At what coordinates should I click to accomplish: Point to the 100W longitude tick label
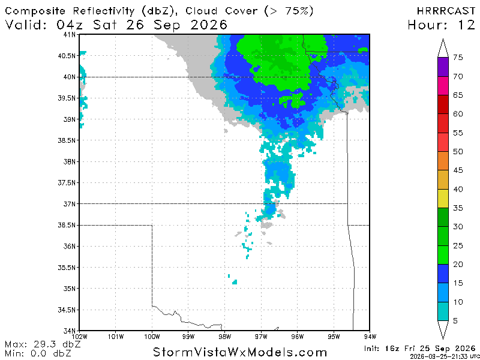click(x=152, y=337)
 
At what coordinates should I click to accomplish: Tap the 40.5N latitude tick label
click(x=67, y=56)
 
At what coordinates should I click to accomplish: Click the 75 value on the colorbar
click(x=458, y=58)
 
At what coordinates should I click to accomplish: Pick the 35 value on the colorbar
click(x=458, y=208)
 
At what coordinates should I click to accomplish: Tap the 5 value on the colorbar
click(x=456, y=321)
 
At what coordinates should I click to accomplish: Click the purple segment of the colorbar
click(x=443, y=67)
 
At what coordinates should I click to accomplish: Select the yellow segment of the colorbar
click(x=443, y=199)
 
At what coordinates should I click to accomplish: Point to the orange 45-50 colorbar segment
click(x=443, y=161)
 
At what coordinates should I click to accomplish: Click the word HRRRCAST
click(x=446, y=11)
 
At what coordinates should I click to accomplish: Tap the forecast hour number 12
click(x=467, y=25)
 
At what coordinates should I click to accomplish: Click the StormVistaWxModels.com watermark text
click(x=239, y=352)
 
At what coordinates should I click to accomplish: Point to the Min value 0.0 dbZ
click(x=51, y=353)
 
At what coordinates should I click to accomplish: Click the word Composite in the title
click(x=35, y=11)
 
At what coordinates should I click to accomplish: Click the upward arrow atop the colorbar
click(x=443, y=48)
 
